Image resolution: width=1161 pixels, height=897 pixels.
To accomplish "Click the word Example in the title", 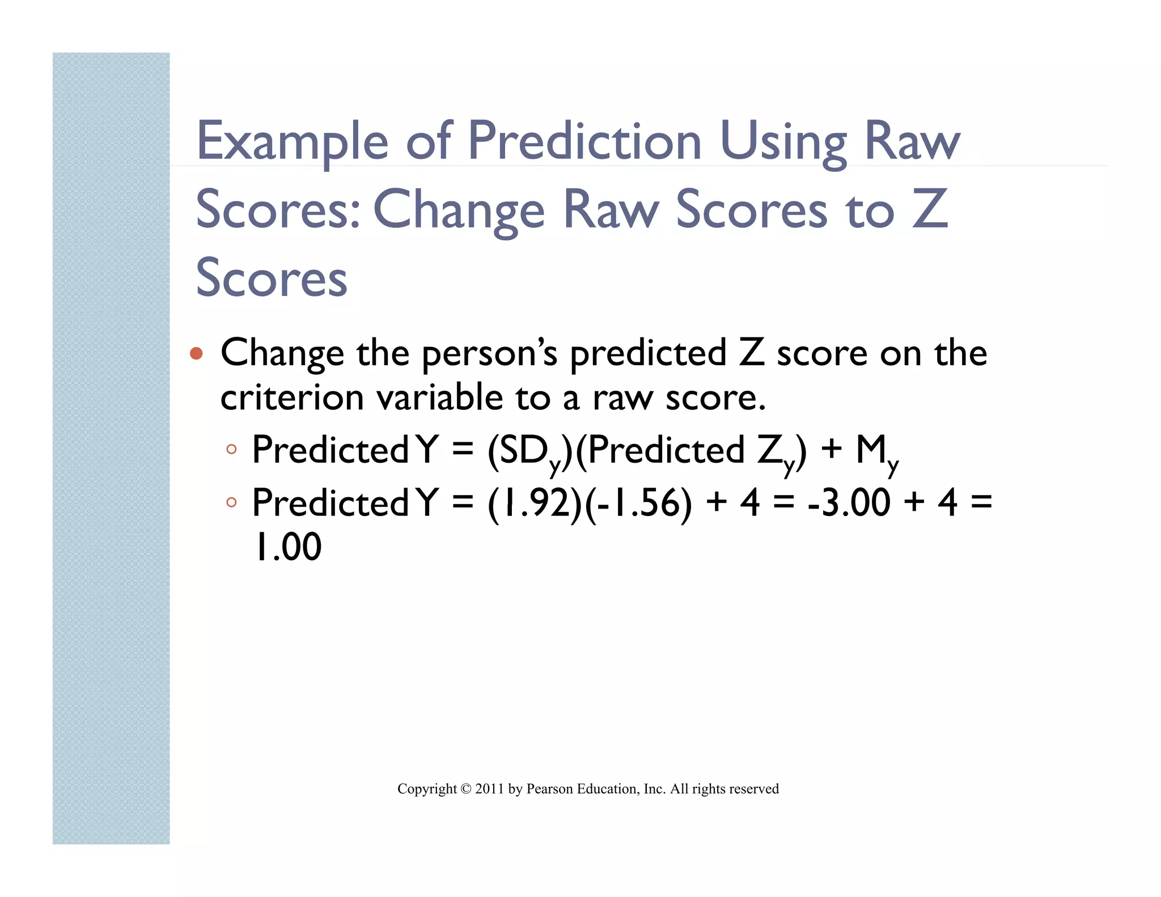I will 292,142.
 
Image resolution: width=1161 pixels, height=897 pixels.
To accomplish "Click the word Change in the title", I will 459,210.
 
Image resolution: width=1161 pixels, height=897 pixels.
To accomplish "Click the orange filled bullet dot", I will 196,354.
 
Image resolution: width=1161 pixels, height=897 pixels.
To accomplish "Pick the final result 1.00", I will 287,547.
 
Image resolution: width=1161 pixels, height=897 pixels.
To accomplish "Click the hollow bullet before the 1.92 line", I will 231,502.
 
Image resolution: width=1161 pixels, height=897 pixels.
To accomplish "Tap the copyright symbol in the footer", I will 466,789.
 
